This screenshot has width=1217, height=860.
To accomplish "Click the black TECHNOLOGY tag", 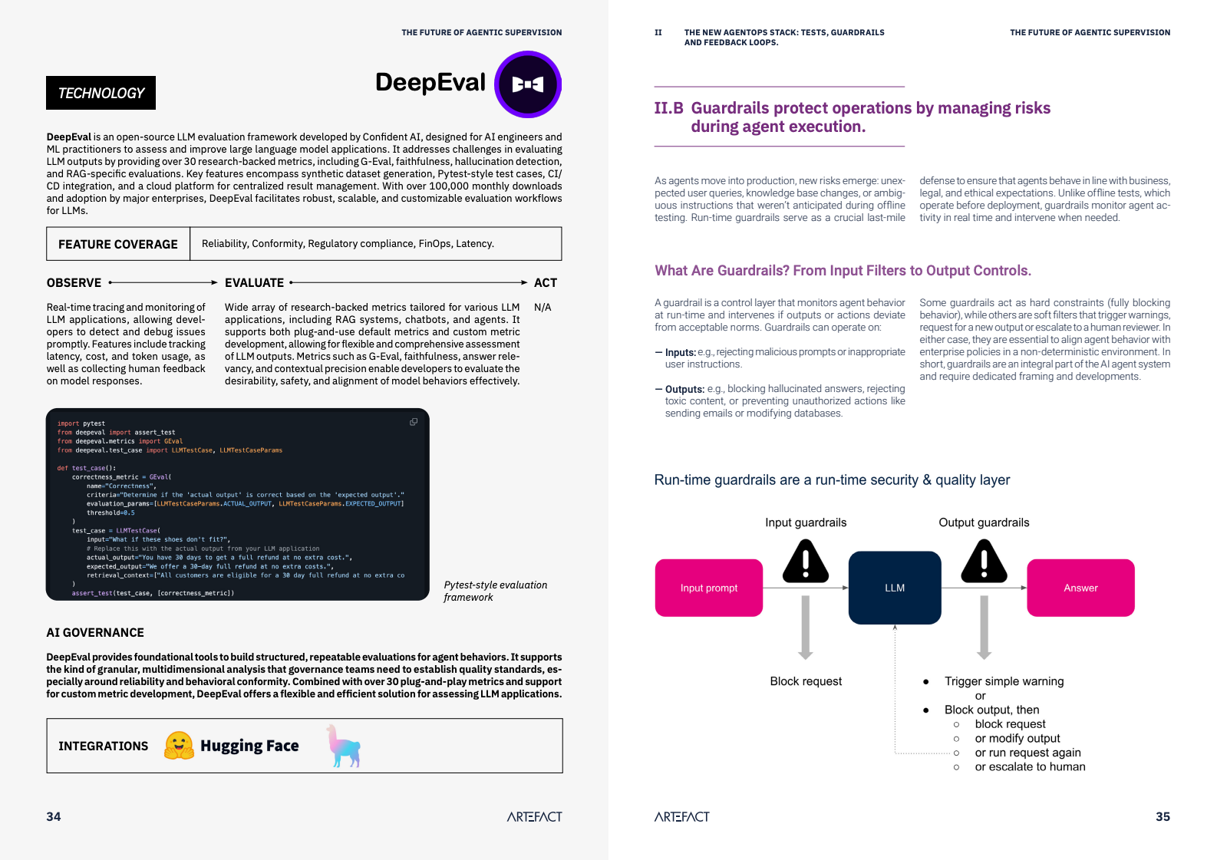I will (x=101, y=93).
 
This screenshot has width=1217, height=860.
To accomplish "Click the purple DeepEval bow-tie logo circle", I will (x=528, y=84).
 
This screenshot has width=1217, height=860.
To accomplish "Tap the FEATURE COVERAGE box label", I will (x=118, y=244).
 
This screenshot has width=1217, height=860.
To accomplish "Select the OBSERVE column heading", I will (x=74, y=283).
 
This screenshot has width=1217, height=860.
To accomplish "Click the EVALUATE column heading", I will (x=254, y=283).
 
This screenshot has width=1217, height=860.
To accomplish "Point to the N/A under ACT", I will (x=543, y=308).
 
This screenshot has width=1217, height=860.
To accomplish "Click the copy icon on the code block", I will (x=414, y=422).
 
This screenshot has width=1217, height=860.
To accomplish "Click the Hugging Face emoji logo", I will (x=179, y=746).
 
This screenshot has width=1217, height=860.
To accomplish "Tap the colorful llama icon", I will (x=344, y=746).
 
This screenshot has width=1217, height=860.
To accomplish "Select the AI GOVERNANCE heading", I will (x=95, y=633).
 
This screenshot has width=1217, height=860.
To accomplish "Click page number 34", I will (x=54, y=816).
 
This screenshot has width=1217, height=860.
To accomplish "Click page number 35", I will (x=1163, y=816).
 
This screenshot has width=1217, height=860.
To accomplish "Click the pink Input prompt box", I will (x=708, y=588).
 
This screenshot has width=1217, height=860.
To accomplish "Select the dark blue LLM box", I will (x=895, y=588).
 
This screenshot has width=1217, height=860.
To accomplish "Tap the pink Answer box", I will (x=1080, y=588).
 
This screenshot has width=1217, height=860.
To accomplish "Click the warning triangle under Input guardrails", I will (x=806, y=561).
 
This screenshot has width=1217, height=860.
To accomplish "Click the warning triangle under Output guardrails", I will (x=984, y=561).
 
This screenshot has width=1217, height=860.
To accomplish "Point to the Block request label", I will (x=806, y=681).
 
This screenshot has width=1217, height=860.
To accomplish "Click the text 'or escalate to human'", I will (x=1030, y=766).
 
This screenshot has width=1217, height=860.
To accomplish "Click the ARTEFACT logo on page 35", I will (x=681, y=817).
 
